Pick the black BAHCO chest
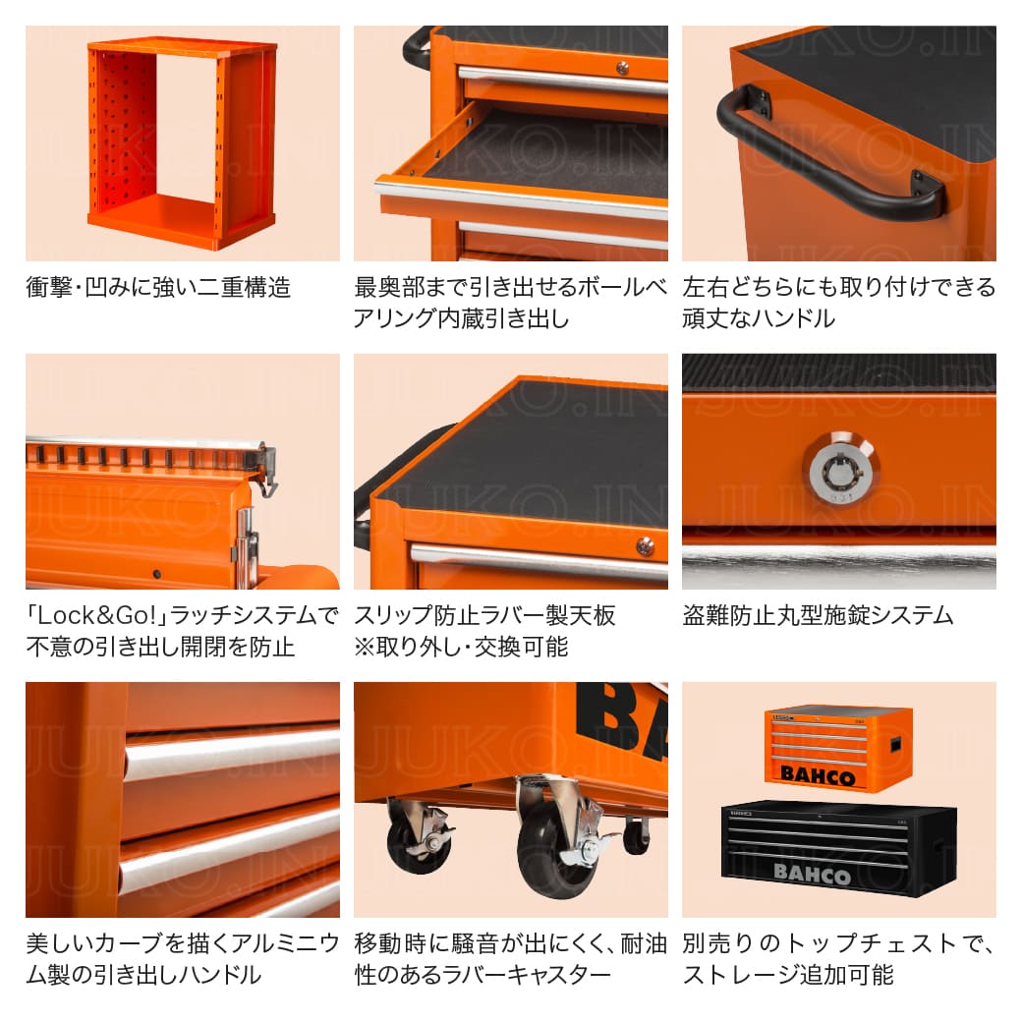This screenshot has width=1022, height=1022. (x=838, y=847)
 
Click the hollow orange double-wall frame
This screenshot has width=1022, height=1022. (x=182, y=142)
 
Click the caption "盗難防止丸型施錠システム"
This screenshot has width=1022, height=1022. (x=818, y=616)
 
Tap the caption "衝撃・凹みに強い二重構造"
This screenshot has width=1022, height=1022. (x=157, y=288)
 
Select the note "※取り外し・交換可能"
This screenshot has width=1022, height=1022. (x=461, y=647)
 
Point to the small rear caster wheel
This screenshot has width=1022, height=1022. (x=637, y=835)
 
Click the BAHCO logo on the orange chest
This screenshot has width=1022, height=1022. (x=818, y=776)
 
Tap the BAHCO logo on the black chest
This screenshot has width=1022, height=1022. (x=813, y=872)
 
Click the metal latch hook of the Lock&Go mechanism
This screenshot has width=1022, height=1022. (x=266, y=472)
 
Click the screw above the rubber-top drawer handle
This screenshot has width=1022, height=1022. (x=644, y=545)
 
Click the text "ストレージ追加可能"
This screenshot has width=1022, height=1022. (x=787, y=975)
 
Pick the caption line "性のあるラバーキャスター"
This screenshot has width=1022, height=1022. (x=483, y=975)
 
